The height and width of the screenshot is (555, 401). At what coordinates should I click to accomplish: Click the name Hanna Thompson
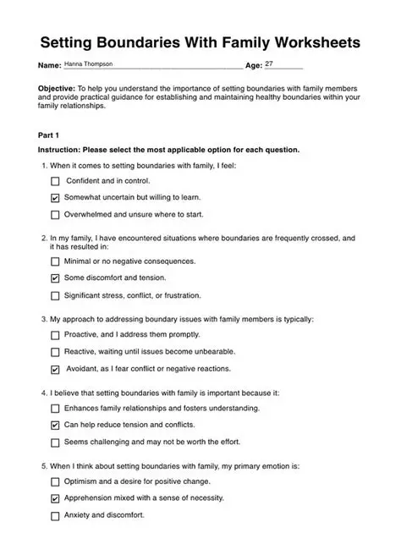(x=89, y=63)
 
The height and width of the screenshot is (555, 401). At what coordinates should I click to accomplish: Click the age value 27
(x=269, y=63)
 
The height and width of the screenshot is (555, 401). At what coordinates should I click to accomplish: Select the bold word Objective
(x=57, y=88)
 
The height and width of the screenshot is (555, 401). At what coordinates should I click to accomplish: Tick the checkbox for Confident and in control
(x=56, y=181)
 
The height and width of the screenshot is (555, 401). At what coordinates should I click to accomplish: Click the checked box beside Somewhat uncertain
(x=56, y=198)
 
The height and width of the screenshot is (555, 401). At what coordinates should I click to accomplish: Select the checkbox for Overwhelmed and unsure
(x=56, y=215)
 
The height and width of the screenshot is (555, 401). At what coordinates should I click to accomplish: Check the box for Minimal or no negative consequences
(x=56, y=261)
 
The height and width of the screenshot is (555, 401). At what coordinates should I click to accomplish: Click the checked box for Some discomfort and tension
(x=56, y=278)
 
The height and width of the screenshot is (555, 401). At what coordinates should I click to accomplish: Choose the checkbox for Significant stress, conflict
(x=56, y=296)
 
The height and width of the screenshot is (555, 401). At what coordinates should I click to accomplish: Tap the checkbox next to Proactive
(x=56, y=335)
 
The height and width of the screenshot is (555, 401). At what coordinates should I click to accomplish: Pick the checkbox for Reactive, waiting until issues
(x=56, y=352)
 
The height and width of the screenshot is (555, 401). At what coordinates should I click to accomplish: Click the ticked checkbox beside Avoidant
(x=56, y=370)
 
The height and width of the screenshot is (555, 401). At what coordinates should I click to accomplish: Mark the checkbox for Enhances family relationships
(x=56, y=409)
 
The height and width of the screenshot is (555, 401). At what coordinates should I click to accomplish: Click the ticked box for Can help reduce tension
(x=56, y=426)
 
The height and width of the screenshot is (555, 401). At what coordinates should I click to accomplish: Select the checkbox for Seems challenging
(x=56, y=442)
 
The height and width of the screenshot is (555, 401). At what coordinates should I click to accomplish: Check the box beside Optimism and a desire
(x=56, y=481)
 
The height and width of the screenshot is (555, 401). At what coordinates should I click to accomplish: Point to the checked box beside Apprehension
(x=56, y=499)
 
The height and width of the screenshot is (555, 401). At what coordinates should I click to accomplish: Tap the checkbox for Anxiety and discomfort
(x=56, y=516)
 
